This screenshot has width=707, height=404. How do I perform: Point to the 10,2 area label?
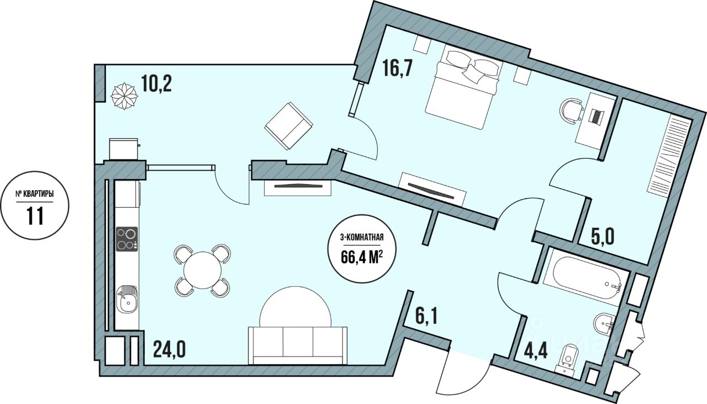[x=156, y=83]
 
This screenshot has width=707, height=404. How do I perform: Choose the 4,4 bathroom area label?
[x=534, y=351]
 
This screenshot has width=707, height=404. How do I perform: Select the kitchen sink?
[x=128, y=300]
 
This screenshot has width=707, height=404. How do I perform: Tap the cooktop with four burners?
[x=127, y=238]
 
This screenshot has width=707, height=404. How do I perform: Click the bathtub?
[x=584, y=275]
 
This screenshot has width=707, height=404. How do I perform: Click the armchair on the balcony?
[x=288, y=125]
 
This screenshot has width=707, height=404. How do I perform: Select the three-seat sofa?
[x=298, y=345]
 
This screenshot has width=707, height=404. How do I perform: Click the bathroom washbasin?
[x=604, y=323]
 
